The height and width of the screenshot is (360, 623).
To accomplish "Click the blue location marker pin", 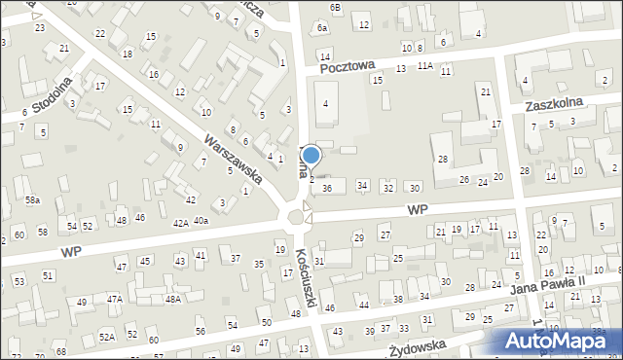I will (311, 156).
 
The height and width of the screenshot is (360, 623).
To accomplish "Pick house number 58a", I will (33, 199).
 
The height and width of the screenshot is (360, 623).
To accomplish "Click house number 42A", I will (180, 223).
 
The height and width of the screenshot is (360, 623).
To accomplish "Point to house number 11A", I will (424, 66).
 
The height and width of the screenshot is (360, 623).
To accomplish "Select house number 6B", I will (336, 8).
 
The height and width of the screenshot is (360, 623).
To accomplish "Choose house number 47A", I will (115, 299).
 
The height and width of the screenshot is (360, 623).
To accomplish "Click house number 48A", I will (172, 299).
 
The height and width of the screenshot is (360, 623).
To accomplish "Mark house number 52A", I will (106, 337).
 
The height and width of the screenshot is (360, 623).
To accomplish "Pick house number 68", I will (60, 351).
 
